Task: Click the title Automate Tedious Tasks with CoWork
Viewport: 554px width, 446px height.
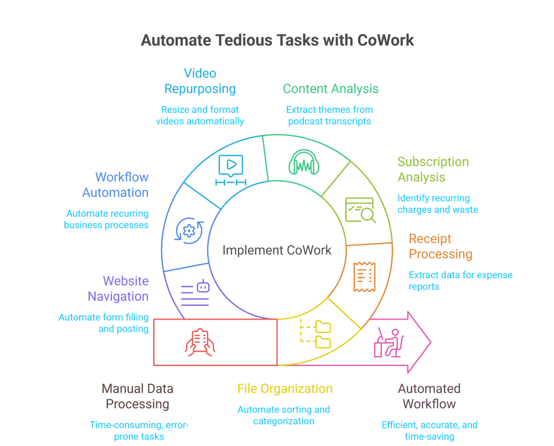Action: coord(277,40)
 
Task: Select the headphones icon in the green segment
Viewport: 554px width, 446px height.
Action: coord(304,164)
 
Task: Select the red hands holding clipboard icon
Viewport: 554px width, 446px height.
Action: coord(200,342)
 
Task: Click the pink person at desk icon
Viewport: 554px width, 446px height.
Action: coord(389,343)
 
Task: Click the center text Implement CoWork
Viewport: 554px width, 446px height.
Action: coord(277,250)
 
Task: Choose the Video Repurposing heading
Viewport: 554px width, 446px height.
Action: coord(200,81)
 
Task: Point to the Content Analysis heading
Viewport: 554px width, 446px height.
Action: coord(331,89)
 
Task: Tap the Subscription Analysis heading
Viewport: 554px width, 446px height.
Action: coord(433,169)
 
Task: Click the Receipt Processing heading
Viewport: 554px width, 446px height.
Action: coord(441,246)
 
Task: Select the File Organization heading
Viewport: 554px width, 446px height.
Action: coord(285,388)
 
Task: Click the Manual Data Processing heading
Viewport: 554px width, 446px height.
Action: coord(138,396)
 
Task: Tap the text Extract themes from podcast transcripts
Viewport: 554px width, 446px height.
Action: coord(330,116)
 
